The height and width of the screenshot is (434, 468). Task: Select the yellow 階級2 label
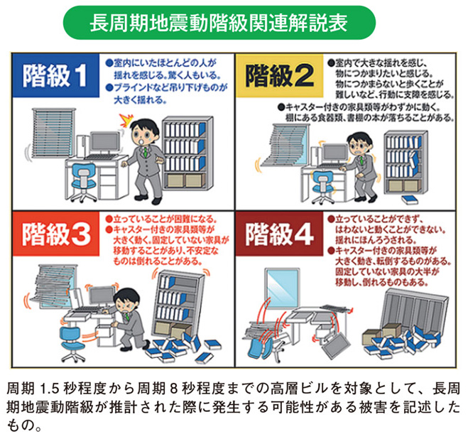(281, 75)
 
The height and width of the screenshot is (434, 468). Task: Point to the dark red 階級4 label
(281, 232)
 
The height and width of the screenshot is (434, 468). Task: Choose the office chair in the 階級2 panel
(320, 178)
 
